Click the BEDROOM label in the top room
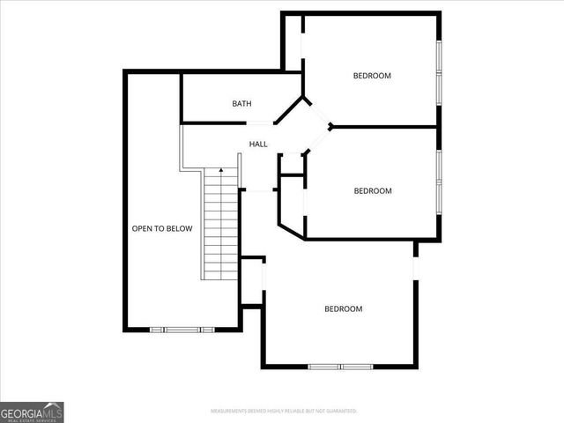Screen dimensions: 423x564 tap(372, 76)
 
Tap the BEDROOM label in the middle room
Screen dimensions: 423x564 tap(373, 190)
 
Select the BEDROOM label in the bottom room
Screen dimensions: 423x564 tap(343, 308)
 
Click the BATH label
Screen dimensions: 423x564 tap(241, 104)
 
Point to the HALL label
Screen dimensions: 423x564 tap(258, 144)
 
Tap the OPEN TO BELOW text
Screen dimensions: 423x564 tap(161, 229)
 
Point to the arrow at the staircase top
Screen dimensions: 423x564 tap(220, 168)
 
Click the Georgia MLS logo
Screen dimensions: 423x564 tap(32, 412)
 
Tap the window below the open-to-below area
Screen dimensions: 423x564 tap(182, 330)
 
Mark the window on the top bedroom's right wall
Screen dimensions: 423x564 tap(438, 70)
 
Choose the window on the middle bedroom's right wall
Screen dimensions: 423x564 tap(438, 181)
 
